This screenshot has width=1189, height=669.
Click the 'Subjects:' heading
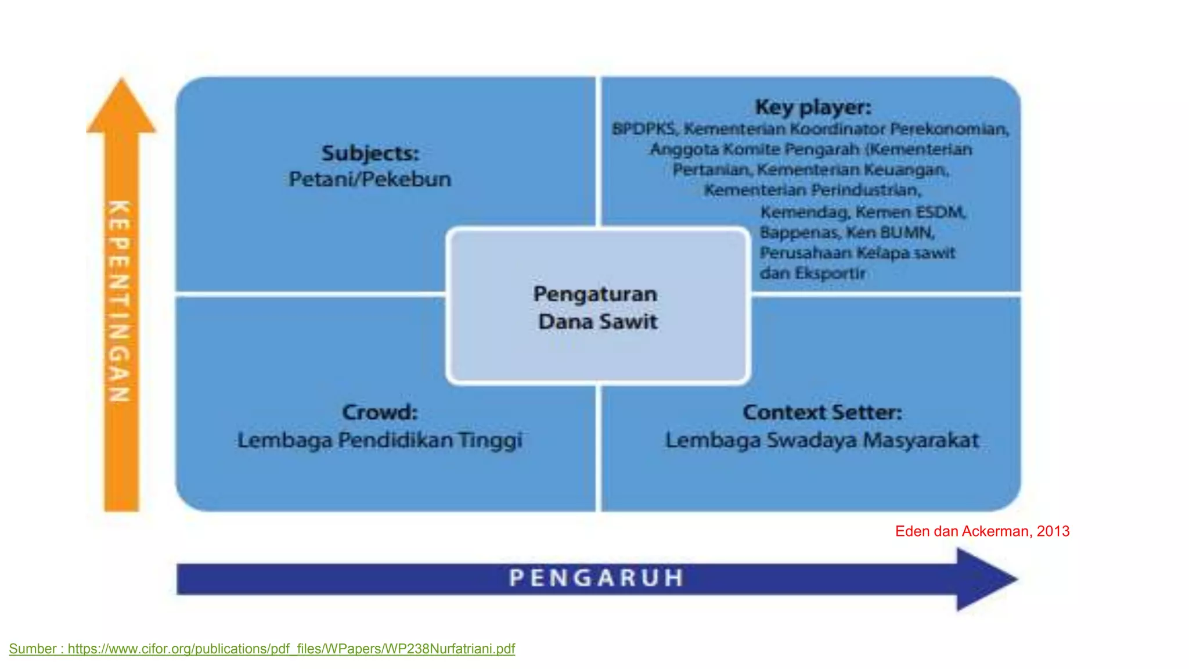pos(370,153)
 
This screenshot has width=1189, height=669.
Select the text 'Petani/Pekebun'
pos(370,179)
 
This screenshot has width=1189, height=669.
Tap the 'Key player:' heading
pos(813,107)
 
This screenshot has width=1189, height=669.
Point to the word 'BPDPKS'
pos(643,128)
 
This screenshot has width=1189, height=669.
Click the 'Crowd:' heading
pos(380,412)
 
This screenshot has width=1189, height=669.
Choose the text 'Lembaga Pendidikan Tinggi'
pos(380,440)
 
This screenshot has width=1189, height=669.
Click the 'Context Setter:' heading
pos(822,412)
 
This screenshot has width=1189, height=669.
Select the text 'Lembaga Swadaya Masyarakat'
pos(822,440)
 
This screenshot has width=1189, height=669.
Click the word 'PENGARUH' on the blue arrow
pos(596,578)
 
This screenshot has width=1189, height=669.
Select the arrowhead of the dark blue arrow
pos(987,579)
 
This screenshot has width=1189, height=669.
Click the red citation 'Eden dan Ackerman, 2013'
pos(982,531)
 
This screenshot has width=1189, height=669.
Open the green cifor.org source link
pos(291,649)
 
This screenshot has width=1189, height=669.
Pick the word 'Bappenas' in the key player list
pos(799,232)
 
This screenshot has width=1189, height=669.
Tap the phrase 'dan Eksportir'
pos(812,273)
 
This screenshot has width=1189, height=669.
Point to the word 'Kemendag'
pos(804,212)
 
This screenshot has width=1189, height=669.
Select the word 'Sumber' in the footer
pos(33,649)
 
